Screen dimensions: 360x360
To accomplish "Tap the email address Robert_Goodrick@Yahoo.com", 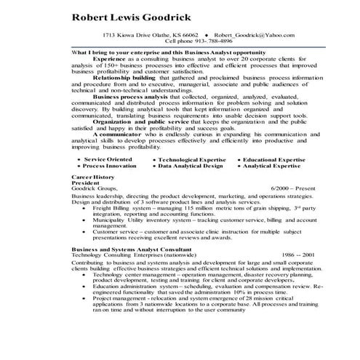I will pos(255,35).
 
